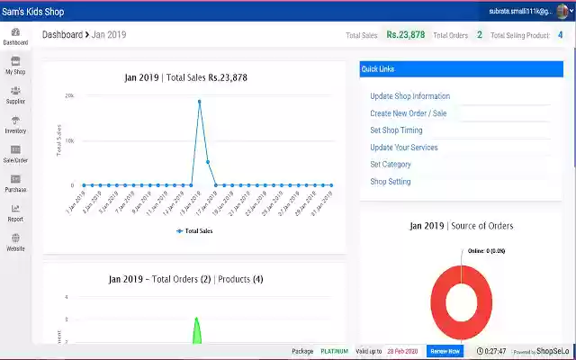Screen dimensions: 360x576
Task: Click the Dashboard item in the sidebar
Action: coord(15,36)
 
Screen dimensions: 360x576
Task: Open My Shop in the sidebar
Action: coord(15,65)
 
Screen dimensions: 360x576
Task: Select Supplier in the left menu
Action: coord(15,94)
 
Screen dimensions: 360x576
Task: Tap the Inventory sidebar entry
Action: coord(15,124)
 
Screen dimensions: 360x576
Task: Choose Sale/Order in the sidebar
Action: coord(15,154)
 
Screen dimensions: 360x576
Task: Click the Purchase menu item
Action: coord(15,184)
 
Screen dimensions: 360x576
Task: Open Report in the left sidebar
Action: coord(15,212)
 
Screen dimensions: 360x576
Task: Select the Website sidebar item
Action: coord(15,242)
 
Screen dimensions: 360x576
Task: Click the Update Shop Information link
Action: coord(409,96)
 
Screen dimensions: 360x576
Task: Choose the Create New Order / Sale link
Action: coord(408,113)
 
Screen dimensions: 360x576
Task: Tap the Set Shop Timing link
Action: coord(396,130)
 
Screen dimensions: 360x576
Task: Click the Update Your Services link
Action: coord(404,148)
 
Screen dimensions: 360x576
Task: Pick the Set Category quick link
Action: coord(391,165)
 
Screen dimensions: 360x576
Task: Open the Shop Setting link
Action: coord(390,182)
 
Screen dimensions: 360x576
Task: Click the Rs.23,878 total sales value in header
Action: coord(406,35)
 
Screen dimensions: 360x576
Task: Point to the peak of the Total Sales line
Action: coord(199,101)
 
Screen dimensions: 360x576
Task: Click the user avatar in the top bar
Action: coord(562,10)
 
